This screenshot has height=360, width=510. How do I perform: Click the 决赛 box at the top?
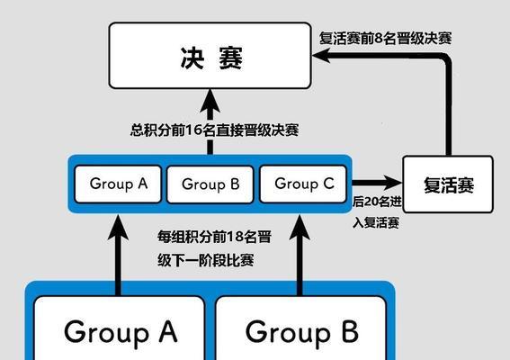pos(210,55)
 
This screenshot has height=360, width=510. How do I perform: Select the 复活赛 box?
pos(448,184)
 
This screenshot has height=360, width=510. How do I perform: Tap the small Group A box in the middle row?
pos(118,184)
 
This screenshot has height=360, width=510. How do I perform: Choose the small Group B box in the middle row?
pos(210,184)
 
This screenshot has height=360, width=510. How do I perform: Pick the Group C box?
pos(303,184)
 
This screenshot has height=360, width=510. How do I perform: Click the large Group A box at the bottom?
pos(120,328)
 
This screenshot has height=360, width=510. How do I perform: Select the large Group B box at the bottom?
pos(301,328)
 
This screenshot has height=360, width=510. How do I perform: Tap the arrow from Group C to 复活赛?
pos(377,183)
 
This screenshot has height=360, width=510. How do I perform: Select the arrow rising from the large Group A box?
pos(118,256)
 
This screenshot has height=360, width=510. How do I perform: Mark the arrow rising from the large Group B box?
pos(300,256)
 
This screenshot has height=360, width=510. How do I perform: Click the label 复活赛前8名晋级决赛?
pos(385,39)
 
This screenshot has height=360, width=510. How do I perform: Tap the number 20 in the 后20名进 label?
pos(371,202)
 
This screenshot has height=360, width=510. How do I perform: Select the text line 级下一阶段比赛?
pos(206,260)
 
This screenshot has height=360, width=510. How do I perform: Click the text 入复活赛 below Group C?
pos(376,223)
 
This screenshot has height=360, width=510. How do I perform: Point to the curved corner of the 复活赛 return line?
pos(446,58)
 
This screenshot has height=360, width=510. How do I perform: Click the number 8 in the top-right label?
pos(379,39)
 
